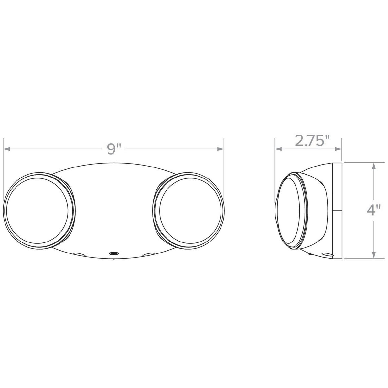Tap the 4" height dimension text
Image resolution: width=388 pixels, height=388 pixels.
[x=373, y=210]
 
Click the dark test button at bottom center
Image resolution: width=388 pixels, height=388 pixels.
[x=113, y=254]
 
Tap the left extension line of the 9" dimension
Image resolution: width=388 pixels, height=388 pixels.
[x=3, y=168]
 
